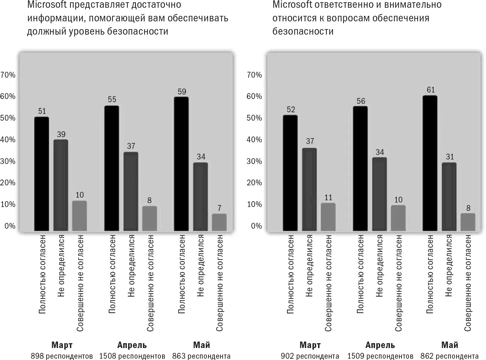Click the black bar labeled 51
(41, 174)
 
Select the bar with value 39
(61, 185)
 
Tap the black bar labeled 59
(181, 164)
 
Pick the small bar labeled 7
(219, 222)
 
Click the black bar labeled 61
(430, 163)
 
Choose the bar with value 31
(449, 197)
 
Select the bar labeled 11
(328, 217)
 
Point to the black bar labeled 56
(360, 168)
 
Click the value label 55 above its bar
(112, 99)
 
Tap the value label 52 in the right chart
(291, 109)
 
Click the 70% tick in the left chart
(8, 75)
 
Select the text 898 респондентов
(62, 356)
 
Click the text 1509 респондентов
(380, 356)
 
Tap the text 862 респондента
(450, 356)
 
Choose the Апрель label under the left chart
(132, 345)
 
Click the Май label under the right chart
(450, 345)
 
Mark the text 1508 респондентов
(132, 356)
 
